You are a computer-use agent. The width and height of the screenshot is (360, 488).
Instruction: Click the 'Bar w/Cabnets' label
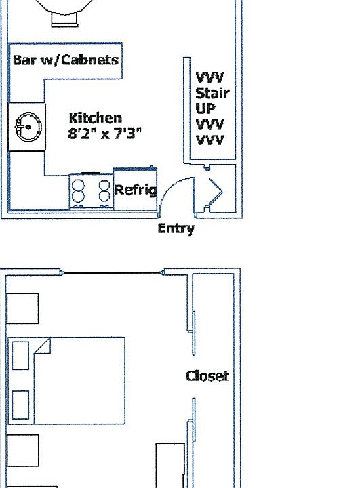pos(66,60)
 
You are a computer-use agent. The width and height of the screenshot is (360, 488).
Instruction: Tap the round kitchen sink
pos(28,127)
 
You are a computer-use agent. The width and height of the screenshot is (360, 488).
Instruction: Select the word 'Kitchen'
pos(96,118)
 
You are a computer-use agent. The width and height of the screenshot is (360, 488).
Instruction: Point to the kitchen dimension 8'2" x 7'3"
pos(104,134)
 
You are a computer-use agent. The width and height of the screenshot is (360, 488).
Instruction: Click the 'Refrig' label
pos(136,190)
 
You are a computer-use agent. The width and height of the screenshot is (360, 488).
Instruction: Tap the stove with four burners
pos(91,191)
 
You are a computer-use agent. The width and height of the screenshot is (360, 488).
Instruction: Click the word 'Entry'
pos(176,229)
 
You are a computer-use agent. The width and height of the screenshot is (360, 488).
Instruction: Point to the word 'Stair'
pos(212,93)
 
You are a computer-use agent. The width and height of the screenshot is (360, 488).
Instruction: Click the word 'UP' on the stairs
pos(205,108)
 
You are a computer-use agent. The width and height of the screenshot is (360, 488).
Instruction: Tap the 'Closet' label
pos(207,376)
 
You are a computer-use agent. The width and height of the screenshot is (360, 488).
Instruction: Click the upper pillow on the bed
pos(20,355)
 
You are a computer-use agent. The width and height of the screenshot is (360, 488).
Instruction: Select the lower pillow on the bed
pos(20,405)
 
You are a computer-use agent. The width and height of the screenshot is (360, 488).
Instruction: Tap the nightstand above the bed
pos(23,308)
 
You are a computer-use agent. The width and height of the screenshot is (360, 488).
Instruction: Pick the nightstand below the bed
pos(23,450)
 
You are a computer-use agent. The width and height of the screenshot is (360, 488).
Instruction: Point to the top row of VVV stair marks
pos(210,77)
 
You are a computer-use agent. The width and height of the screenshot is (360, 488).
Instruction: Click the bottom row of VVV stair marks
pos(210,140)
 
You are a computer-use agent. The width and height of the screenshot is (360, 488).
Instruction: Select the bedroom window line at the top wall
pos(113,273)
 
